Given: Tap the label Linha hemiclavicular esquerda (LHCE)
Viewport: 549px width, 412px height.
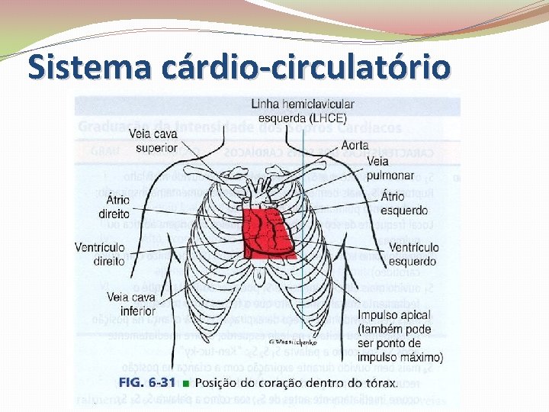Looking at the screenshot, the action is (x=302, y=111).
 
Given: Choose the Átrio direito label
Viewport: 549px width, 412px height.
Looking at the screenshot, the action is (x=114, y=207).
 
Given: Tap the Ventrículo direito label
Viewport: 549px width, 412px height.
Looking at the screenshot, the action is (x=100, y=254).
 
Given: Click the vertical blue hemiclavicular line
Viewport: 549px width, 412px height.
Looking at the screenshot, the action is (x=301, y=305).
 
